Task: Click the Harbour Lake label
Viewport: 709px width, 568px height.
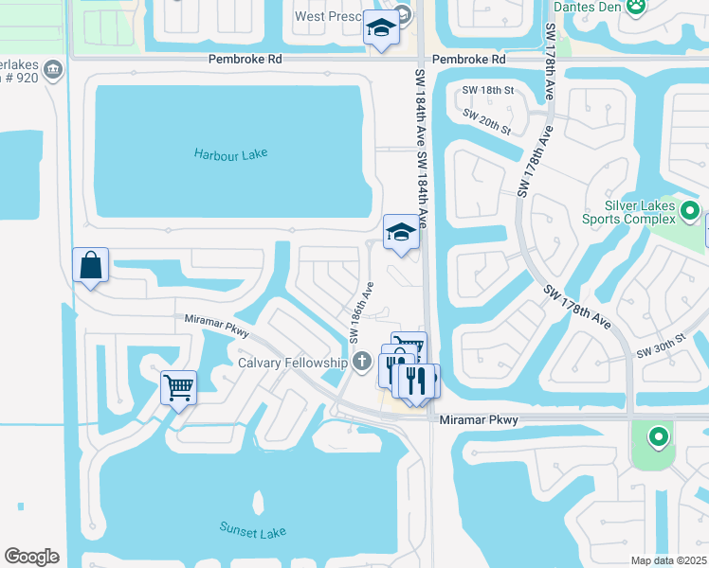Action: tap(231, 153)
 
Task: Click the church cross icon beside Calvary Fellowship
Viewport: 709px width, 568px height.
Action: tap(361, 361)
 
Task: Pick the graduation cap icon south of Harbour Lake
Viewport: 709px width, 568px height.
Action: tap(401, 232)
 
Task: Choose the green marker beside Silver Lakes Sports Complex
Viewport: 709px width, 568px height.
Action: tap(690, 211)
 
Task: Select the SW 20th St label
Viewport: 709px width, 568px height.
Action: tap(487, 122)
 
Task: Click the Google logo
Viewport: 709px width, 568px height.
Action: tap(31, 557)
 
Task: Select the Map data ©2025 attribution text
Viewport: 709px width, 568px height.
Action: tap(668, 560)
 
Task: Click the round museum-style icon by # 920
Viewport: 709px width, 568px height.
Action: tap(53, 68)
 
